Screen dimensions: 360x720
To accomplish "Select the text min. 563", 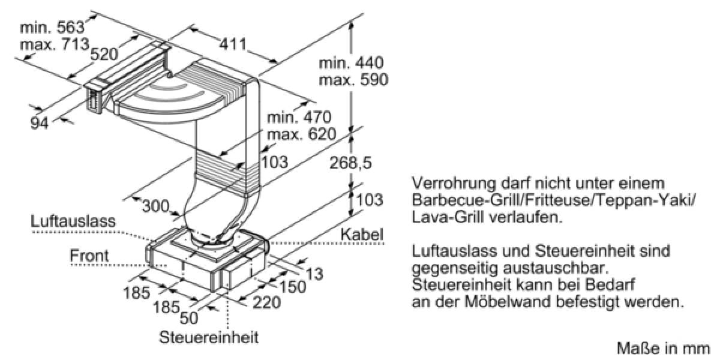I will [52, 28].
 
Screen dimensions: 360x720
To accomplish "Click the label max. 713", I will [54, 44].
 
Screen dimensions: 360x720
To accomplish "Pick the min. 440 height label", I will [351, 63].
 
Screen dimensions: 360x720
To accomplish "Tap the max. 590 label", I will [351, 80].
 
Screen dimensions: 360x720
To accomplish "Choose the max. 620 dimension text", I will [301, 134].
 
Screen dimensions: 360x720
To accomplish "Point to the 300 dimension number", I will [155, 206].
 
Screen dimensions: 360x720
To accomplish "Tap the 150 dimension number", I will [293, 287].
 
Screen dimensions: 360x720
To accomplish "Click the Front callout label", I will [89, 256].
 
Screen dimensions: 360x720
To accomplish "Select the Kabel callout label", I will [362, 235].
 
